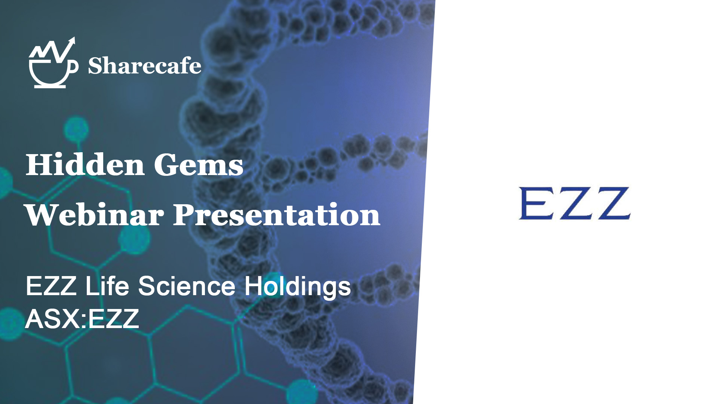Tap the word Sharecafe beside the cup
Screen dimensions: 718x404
(x=145, y=66)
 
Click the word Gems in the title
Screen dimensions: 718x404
(x=199, y=165)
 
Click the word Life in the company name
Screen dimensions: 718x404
(x=107, y=286)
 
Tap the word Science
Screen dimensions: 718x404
(x=187, y=286)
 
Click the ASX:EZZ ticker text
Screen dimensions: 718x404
(x=82, y=319)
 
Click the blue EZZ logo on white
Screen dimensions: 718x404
(x=575, y=203)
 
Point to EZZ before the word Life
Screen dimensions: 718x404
(x=51, y=286)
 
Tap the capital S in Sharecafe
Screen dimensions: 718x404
(x=95, y=66)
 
